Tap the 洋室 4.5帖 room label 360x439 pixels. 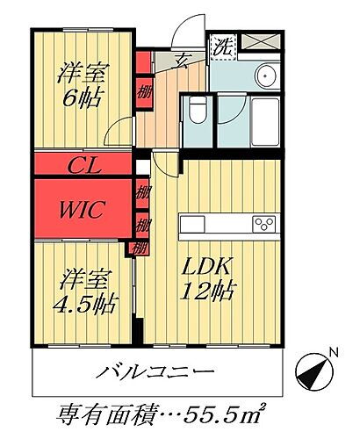(x=87, y=291)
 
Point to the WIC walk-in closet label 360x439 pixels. (x=84, y=210)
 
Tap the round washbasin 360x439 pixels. (x=267, y=76)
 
